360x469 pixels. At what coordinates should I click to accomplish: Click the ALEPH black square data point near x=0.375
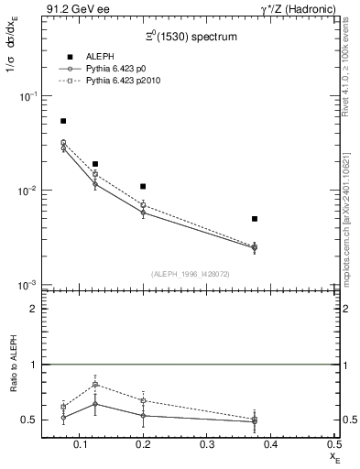pyautogui.click(x=255, y=219)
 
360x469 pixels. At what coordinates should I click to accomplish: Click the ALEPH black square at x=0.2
pyautogui.click(x=143, y=187)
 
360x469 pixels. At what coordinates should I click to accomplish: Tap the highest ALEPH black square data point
pyautogui.click(x=63, y=121)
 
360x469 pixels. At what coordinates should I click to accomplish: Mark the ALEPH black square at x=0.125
pyautogui.click(x=95, y=164)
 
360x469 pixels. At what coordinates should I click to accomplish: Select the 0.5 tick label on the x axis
pyautogui.click(x=333, y=444)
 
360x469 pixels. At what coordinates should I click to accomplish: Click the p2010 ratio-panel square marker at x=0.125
pyautogui.click(x=95, y=385)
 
